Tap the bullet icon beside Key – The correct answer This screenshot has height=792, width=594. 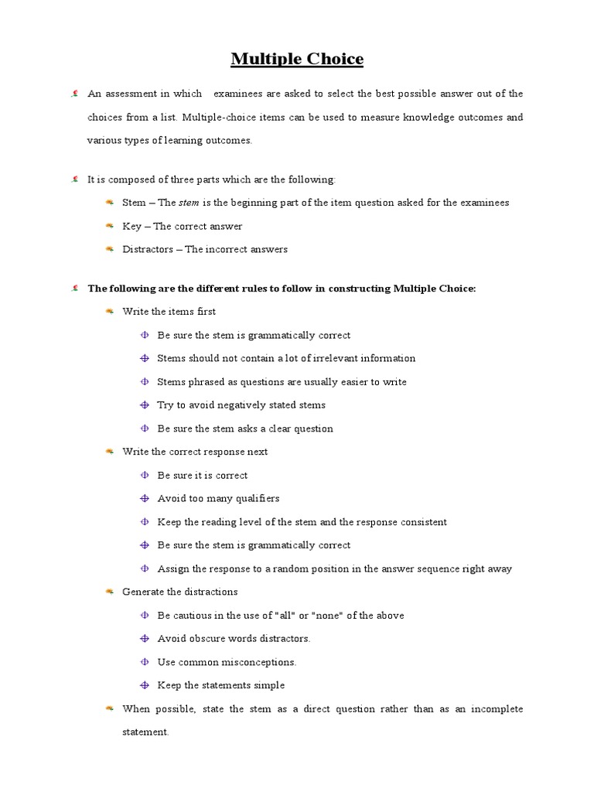(x=109, y=226)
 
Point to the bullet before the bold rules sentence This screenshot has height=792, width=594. (x=74, y=288)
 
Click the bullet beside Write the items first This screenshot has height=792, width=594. (x=109, y=311)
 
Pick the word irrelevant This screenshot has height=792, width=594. (x=326, y=358)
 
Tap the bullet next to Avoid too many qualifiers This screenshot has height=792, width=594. (x=144, y=499)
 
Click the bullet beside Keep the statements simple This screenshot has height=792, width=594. (x=144, y=685)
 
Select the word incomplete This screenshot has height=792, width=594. (x=497, y=708)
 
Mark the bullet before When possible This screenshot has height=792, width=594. (x=109, y=708)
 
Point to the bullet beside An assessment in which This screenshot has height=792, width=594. (x=74, y=94)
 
